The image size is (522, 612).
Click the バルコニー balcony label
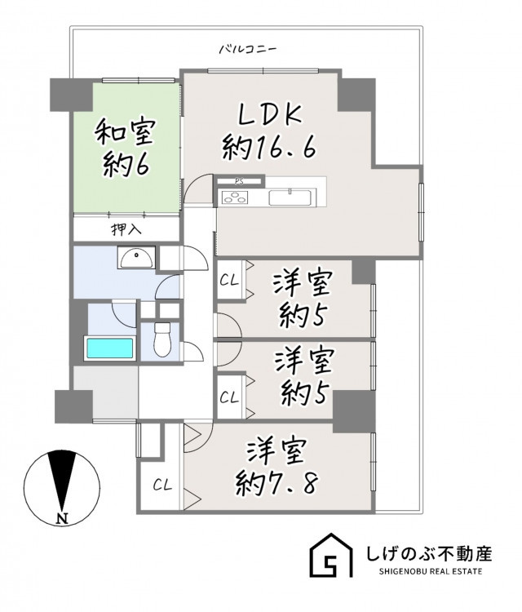[x=248, y=50]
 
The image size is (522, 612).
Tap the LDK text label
[x=270, y=113]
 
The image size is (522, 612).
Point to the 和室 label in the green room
[x=126, y=132]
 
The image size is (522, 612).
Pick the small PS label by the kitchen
[x=238, y=181]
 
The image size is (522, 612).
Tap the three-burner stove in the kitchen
[x=235, y=197]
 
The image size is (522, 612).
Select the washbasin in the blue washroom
[x=136, y=257]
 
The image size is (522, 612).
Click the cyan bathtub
[x=110, y=348]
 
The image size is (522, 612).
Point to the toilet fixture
[x=162, y=339]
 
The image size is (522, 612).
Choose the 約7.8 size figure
[x=276, y=484]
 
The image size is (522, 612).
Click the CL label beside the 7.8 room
[x=162, y=486]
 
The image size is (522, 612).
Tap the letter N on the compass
[x=62, y=519]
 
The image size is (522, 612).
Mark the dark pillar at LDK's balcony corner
[x=356, y=95]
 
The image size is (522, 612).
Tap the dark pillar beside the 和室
[x=71, y=95]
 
